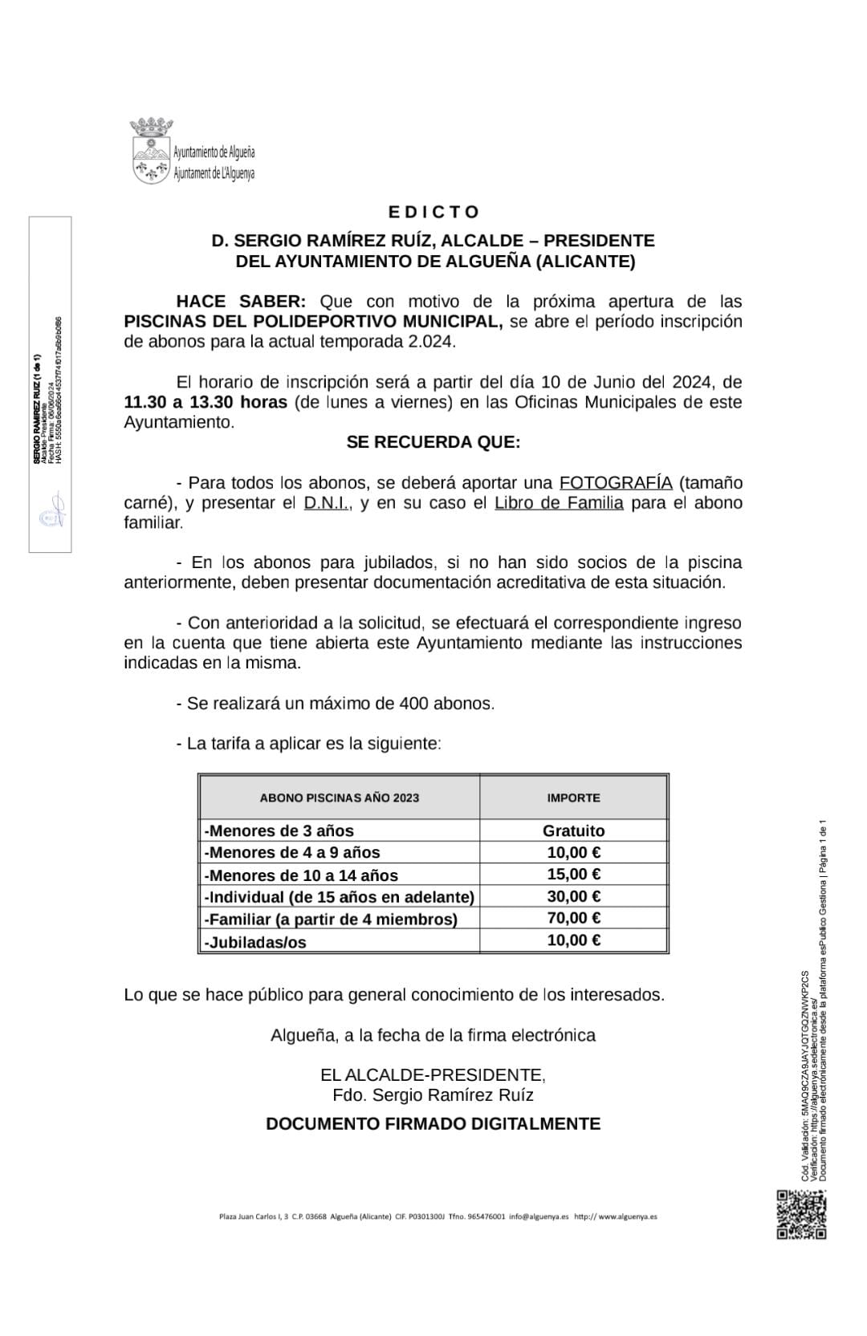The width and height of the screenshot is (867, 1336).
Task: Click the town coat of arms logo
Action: click(151, 150)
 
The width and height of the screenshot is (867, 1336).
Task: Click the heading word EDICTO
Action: click(433, 212)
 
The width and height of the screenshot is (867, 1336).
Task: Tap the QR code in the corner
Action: click(801, 1214)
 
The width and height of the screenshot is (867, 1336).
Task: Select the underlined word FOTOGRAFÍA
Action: click(615, 483)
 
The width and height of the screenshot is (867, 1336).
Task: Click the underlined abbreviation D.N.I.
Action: click(328, 503)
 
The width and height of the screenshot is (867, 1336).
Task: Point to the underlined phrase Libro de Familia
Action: click(559, 503)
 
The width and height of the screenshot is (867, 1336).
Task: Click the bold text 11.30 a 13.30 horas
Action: click(206, 402)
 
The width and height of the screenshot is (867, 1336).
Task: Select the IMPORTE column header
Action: click(573, 798)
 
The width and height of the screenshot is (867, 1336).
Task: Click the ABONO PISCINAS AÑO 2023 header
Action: click(339, 798)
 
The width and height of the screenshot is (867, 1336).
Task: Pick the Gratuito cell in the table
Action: click(573, 830)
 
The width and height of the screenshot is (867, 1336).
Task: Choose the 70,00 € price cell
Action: click(573, 918)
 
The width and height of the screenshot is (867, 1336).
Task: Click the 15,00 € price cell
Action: click(573, 874)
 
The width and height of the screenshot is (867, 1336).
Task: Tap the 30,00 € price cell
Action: click(573, 896)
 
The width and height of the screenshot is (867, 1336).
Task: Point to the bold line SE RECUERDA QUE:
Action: click(433, 442)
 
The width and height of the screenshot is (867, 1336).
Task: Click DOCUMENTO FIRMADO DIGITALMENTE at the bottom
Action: click(433, 1123)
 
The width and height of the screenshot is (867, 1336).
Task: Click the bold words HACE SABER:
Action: click(241, 302)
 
